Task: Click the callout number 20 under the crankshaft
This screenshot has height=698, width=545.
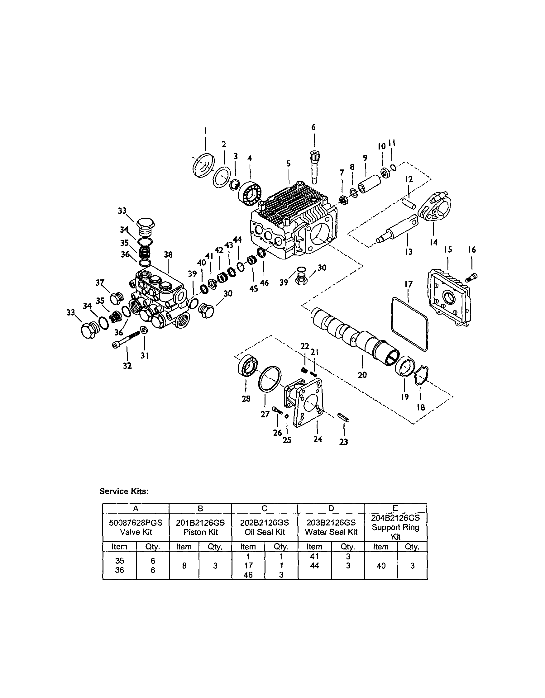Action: coord(362,375)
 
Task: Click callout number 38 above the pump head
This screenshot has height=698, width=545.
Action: coord(168,254)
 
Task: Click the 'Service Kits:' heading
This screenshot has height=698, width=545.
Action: coord(124,491)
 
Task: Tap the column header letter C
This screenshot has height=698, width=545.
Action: coord(264,508)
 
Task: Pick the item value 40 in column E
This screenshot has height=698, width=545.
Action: coord(381,566)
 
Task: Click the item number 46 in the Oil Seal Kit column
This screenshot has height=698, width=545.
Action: coord(248,575)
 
